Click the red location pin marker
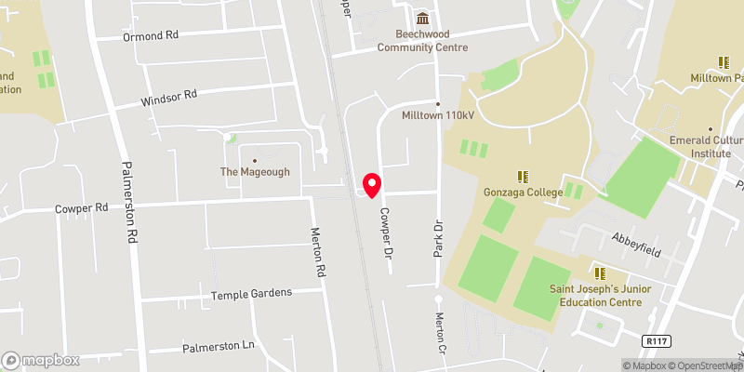[371, 185]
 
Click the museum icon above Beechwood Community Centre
[423, 19]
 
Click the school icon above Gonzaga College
[523, 175]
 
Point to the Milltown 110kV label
[436, 116]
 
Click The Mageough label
[255, 172]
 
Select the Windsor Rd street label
[169, 96]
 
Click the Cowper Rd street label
[82, 209]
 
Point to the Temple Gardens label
[251, 293]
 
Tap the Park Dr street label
[434, 240]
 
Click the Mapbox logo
[41, 360]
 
